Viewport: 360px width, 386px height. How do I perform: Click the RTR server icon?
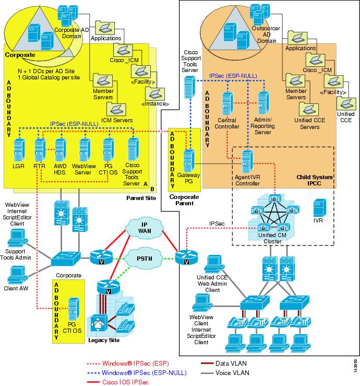pos(39,149)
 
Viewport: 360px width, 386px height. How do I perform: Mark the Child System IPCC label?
pos(314,180)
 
